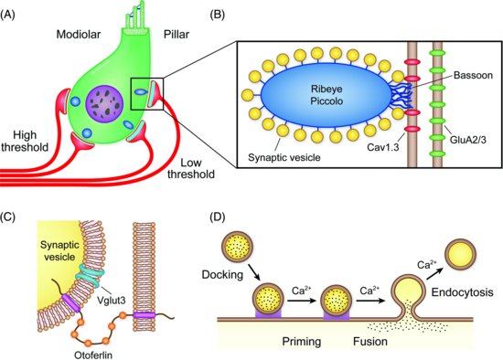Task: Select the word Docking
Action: (226, 274)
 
